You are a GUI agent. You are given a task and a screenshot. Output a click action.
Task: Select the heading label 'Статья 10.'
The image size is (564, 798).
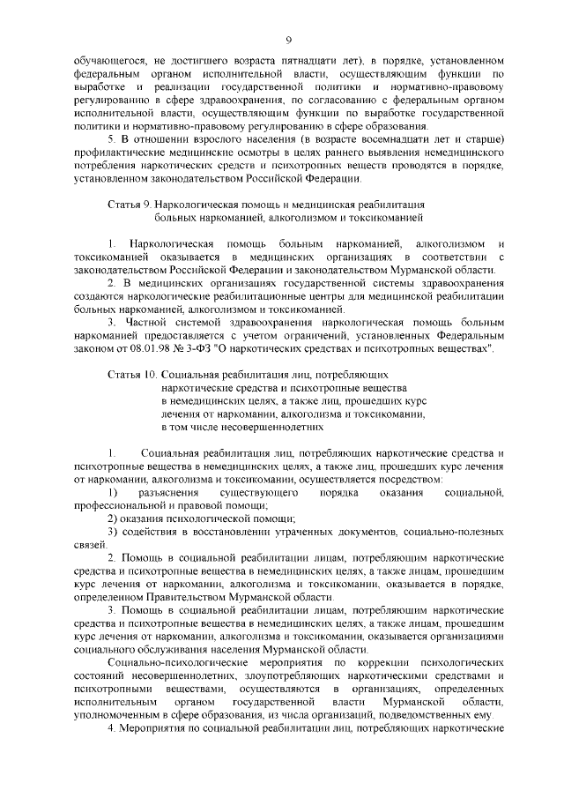(131, 376)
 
